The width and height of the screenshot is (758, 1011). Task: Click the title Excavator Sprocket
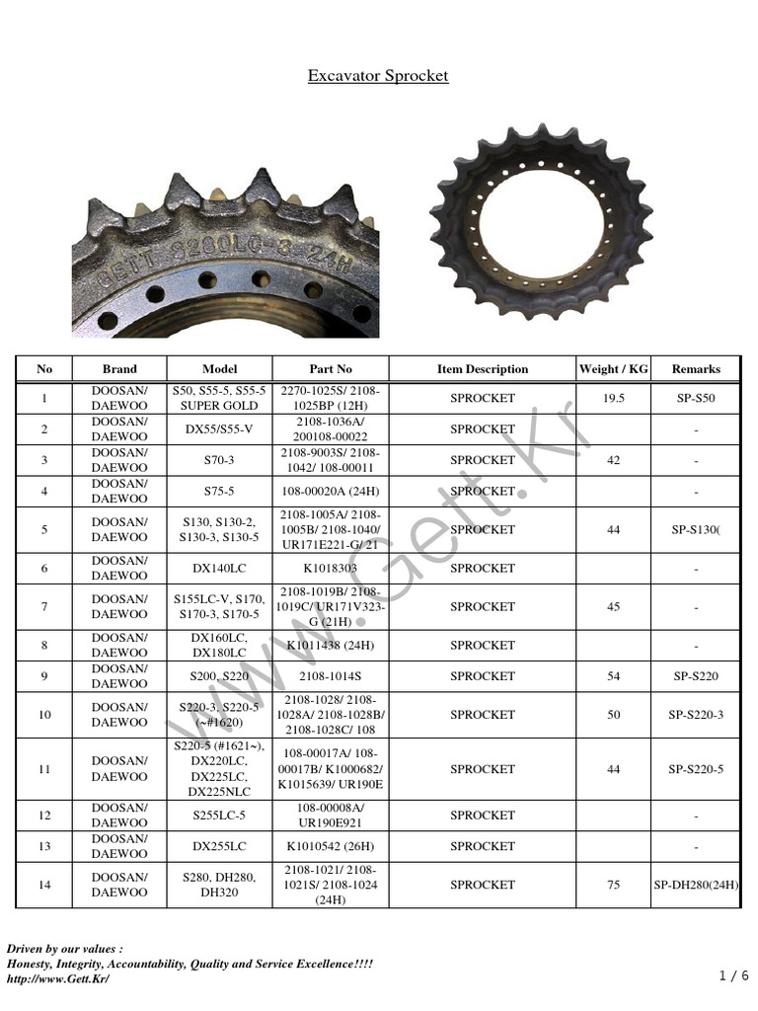[378, 76]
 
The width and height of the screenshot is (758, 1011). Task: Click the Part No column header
[330, 369]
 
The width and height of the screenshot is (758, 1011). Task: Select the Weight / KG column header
[613, 369]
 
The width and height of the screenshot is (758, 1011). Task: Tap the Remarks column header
[696, 369]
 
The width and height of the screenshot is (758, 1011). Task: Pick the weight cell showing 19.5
[613, 398]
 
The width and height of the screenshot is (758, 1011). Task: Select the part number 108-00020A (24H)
[330, 491]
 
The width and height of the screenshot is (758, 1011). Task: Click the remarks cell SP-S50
[696, 398]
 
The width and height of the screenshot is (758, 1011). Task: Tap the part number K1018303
[330, 569]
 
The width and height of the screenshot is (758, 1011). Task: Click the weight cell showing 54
[613, 676]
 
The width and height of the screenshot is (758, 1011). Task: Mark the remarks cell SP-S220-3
[696, 715]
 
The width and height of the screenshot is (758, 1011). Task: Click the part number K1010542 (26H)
[330, 846]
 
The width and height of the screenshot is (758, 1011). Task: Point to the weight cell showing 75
[613, 886]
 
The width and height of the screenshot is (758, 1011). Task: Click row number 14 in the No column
[44, 886]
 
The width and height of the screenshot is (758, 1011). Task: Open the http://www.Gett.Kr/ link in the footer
[58, 978]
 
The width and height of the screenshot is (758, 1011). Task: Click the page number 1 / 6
[734, 975]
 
